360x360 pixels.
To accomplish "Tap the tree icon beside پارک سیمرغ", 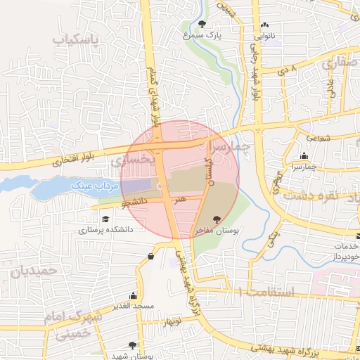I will tap(202, 24).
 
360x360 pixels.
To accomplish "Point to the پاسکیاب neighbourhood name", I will tap(77, 39).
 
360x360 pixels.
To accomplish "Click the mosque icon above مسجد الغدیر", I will tap(133, 295).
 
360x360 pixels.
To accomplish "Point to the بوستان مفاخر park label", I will tap(220, 230).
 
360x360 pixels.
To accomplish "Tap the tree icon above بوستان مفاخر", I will tap(217, 219).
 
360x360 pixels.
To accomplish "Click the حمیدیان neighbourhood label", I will tap(32, 270).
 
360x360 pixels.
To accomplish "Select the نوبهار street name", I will tap(173, 321).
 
